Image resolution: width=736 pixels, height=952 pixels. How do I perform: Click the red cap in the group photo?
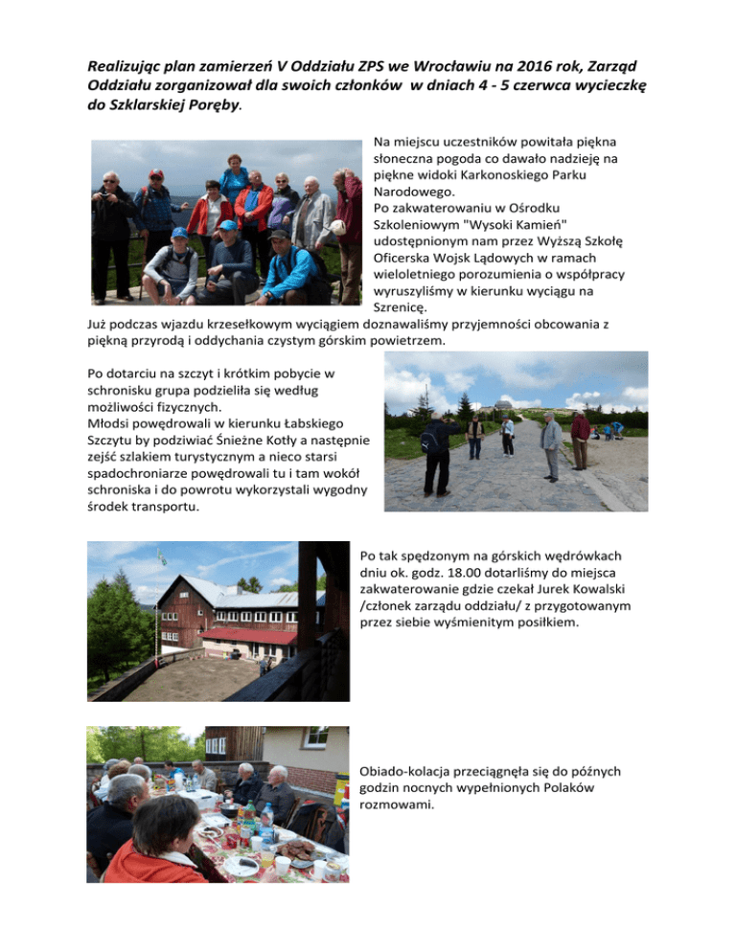tap(156, 174)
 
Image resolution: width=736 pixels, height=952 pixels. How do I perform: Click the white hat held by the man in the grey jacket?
tap(337, 228)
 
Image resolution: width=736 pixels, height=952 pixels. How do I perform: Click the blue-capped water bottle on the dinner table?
tap(267, 817)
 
